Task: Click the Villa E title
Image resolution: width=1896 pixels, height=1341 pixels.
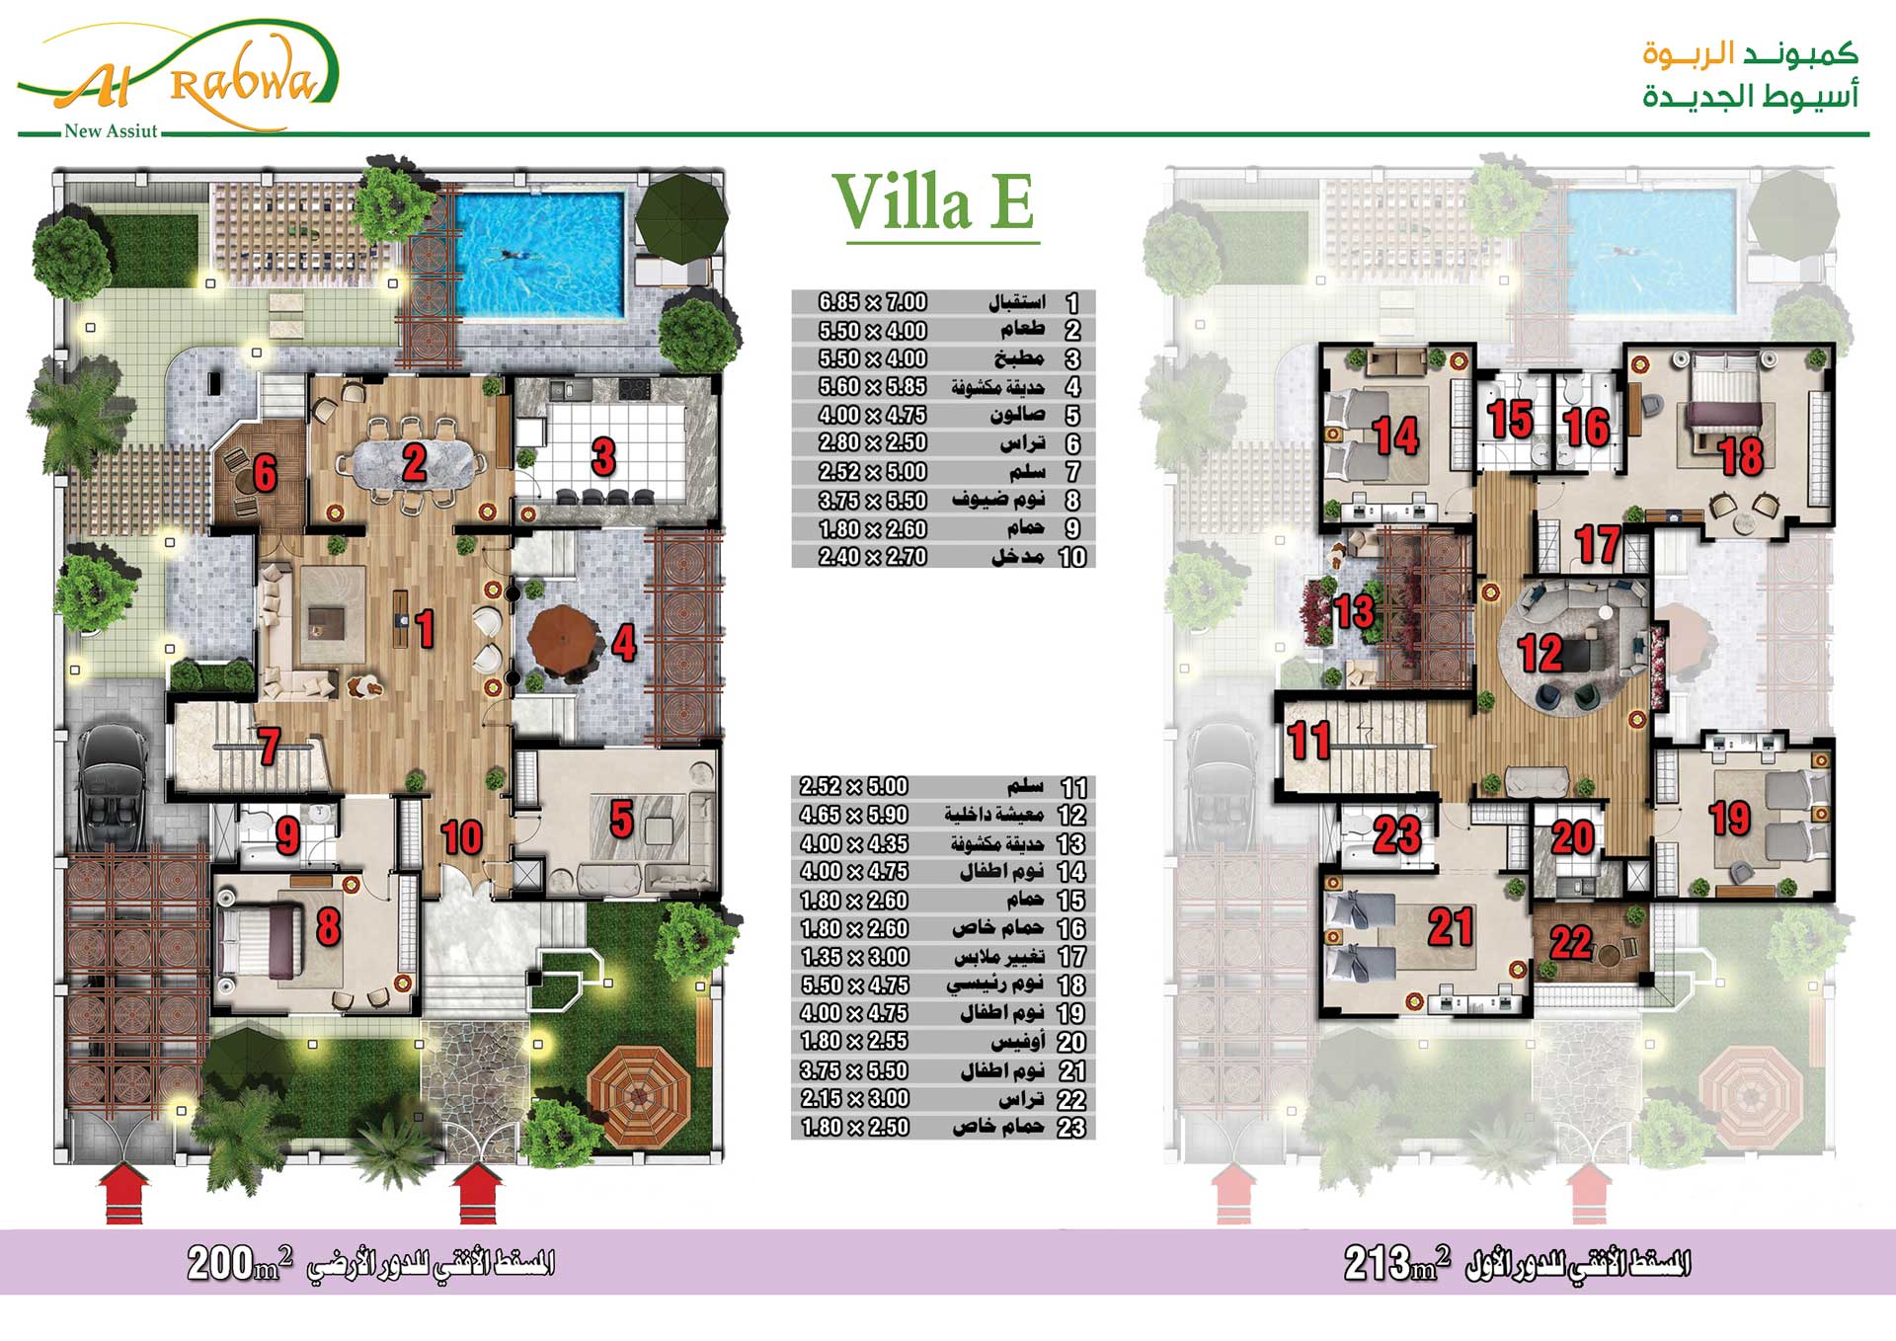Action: tap(933, 202)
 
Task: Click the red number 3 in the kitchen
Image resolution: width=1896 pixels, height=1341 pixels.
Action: tap(603, 457)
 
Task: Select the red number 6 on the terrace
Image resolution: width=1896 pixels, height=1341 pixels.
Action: tap(265, 473)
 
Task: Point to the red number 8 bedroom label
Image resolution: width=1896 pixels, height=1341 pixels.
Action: tap(328, 927)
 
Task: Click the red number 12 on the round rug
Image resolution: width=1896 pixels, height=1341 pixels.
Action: tap(1540, 654)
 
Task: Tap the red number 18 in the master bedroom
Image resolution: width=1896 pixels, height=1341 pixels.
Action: tap(1740, 456)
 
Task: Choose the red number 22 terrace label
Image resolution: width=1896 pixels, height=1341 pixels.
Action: tap(1570, 942)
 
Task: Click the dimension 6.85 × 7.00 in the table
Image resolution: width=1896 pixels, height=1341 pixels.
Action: tap(872, 302)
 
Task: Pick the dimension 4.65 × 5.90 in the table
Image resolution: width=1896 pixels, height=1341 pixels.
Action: tap(853, 815)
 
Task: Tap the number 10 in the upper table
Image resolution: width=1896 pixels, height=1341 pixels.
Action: tap(1072, 557)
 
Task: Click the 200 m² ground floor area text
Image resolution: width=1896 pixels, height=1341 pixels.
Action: tap(240, 1263)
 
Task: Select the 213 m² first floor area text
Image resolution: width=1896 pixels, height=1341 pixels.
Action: tap(1397, 1263)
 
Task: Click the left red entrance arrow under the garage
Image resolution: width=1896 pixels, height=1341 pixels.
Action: tap(123, 1194)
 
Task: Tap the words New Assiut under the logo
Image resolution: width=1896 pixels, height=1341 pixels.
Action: tap(111, 131)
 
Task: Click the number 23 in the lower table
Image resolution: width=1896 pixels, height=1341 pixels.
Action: tap(1071, 1128)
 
